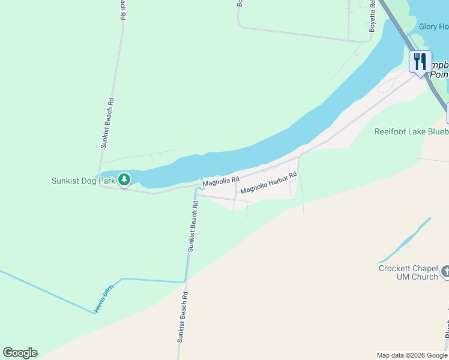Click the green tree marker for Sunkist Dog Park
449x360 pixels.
coord(124,179)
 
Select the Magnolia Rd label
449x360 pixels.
coord(221,180)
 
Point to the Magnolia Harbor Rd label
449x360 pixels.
coord(269,183)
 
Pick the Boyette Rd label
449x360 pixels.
coord(372,16)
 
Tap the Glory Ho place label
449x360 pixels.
coord(433,26)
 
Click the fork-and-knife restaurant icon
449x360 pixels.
coord(420,61)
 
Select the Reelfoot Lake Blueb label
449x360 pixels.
coord(411,131)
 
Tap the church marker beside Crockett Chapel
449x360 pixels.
coord(445,272)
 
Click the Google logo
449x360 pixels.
coord(20,353)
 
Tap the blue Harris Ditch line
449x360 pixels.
coord(150,280)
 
